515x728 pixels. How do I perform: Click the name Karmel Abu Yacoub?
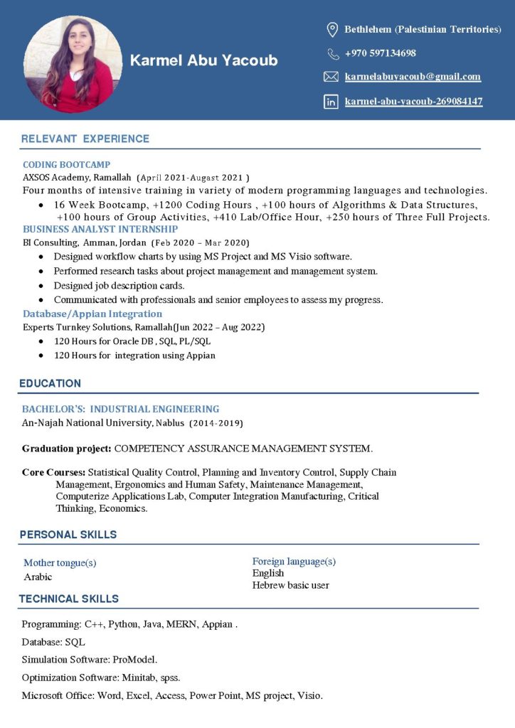(203, 60)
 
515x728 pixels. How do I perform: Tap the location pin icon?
(331, 29)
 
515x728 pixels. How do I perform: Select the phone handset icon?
(333, 53)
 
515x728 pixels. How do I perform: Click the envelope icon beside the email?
(331, 77)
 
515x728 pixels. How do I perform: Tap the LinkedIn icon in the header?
(331, 102)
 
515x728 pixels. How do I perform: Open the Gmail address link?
(413, 77)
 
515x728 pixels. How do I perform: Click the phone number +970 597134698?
(380, 53)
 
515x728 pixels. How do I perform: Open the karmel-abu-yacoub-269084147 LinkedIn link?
(413, 102)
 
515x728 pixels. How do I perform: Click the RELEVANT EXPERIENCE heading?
(85, 139)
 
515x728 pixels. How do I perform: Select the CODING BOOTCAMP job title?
(66, 164)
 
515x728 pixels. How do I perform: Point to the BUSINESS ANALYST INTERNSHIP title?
(100, 229)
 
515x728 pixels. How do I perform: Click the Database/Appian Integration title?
(92, 314)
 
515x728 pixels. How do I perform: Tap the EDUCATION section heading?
(50, 383)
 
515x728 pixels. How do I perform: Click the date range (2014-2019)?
(216, 423)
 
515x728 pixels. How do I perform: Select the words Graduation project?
(66, 449)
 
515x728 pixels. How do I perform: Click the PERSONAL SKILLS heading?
(68, 535)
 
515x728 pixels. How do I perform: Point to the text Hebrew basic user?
(290, 585)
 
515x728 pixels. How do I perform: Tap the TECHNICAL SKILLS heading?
(68, 599)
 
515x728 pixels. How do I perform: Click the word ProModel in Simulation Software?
(134, 659)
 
